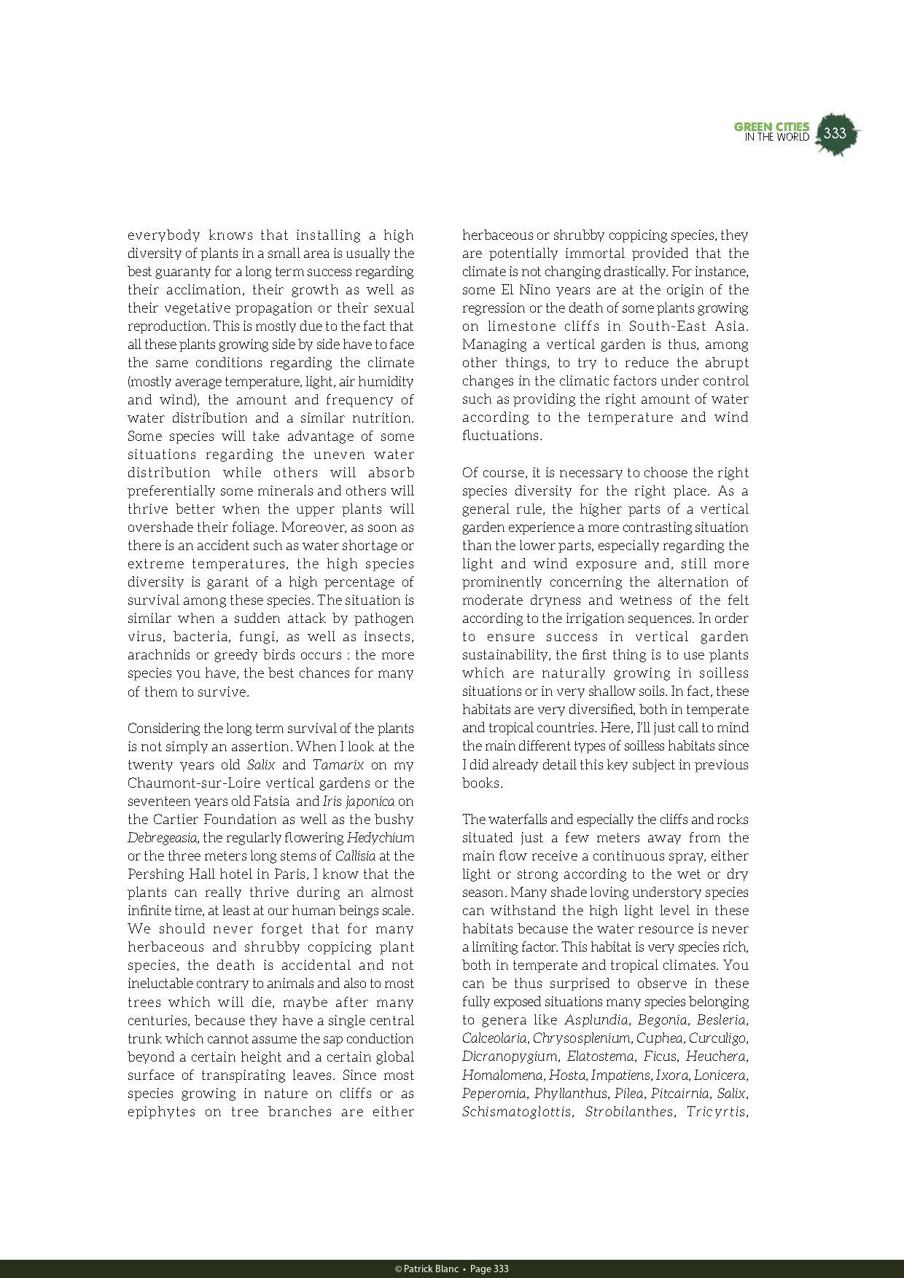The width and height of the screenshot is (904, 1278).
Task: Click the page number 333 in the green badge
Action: [835, 133]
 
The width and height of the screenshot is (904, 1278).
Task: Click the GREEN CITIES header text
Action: [771, 128]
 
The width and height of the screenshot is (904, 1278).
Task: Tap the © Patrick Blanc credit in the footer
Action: [426, 1269]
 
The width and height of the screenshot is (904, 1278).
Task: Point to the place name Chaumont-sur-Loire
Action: [188, 783]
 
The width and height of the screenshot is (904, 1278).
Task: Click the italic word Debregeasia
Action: [163, 838]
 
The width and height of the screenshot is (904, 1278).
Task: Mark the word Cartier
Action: [176, 820]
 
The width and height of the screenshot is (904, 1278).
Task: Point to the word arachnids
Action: [158, 655]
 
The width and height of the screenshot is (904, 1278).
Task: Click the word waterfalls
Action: [521, 820]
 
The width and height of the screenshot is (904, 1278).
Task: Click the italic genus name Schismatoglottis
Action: [516, 1112]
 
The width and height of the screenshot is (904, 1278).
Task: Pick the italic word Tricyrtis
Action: [717, 1112]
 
